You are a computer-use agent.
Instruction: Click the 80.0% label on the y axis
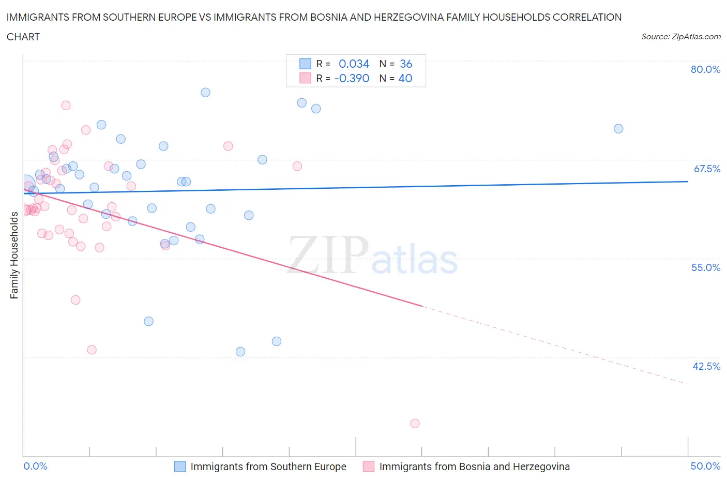pos(705,69)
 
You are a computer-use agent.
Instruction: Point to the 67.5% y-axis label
pos(706,169)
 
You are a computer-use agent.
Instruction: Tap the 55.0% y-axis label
pos(706,267)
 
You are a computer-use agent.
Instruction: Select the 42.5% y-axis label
pos(706,366)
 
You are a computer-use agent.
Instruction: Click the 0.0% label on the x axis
pos(35,466)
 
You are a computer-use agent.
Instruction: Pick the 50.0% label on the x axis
pos(705,466)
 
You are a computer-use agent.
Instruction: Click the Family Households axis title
pos(14,255)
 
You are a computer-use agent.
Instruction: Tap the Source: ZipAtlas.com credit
pos(680,36)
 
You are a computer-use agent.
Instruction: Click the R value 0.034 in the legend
pos(354,64)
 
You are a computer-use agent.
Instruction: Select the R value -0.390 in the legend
pos(352,78)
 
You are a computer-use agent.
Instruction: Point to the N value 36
pos(406,64)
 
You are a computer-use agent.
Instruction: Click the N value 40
pos(405,78)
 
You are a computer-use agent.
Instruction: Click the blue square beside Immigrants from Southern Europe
pos(179,467)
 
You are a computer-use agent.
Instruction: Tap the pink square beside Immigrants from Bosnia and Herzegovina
pos(368,467)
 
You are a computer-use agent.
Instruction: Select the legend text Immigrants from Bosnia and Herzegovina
pos(474,467)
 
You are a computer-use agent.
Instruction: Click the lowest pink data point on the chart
pos(415,423)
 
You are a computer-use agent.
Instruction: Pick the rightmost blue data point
pos(618,129)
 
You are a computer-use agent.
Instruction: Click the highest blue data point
pos(205,93)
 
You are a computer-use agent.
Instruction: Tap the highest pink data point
pos(66,106)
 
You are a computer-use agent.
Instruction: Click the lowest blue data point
pos(240,352)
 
